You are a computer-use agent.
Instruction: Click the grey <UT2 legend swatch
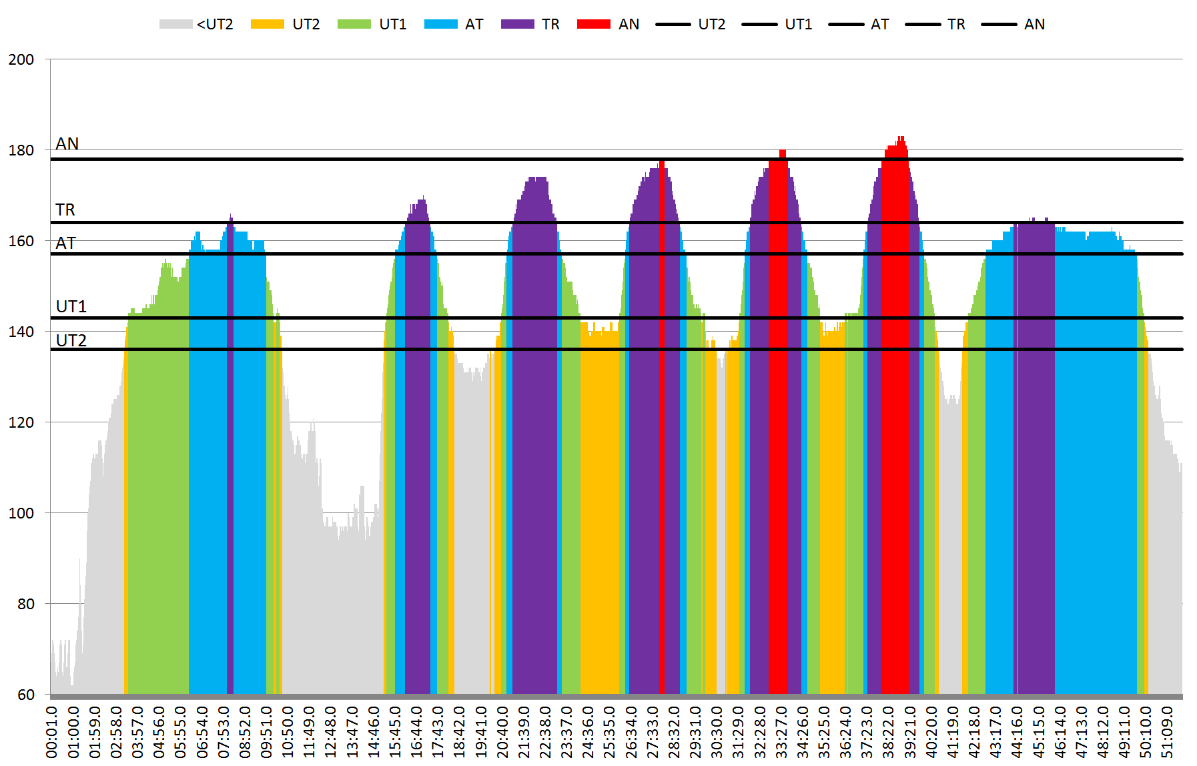175,25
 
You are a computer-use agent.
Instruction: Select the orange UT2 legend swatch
267,25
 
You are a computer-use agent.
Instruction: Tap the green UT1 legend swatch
354,25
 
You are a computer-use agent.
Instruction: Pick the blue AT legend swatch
440,25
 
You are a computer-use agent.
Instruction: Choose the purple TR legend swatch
517,25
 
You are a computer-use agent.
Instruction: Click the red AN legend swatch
594,25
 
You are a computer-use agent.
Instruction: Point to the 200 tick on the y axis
21,59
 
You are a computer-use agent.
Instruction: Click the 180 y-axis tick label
21,150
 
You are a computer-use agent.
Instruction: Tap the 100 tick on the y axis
21,513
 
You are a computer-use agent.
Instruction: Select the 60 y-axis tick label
26,695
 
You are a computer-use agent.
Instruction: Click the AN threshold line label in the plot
67,143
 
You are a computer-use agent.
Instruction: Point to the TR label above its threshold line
65,210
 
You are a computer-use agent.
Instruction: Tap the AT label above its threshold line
65,243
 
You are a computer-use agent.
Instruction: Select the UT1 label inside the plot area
71,306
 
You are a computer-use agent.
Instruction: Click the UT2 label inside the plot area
71,340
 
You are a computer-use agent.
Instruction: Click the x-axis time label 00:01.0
52,731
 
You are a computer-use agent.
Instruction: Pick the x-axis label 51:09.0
1167,731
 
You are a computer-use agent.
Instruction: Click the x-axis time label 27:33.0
653,731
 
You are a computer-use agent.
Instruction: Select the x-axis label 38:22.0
888,731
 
